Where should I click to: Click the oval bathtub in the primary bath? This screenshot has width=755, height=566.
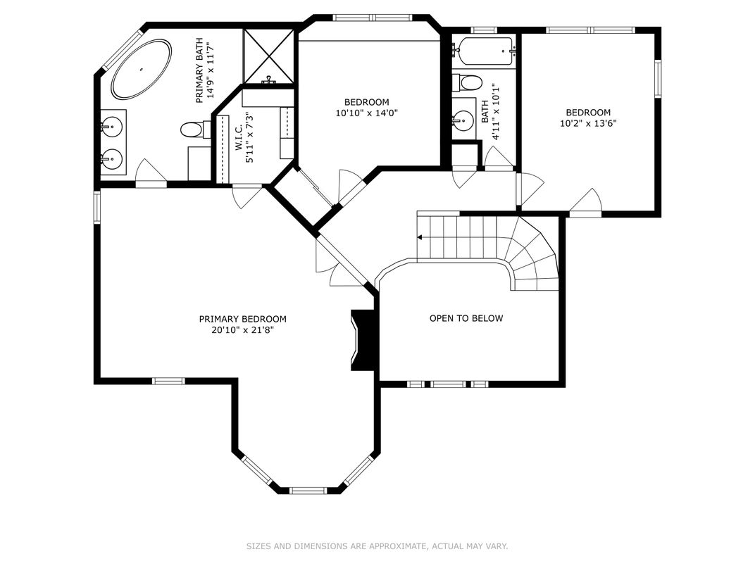(141, 69)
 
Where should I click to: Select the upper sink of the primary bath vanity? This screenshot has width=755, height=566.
(111, 127)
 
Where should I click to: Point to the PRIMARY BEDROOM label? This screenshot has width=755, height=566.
(242, 319)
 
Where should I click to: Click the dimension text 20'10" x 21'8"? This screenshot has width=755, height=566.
(242, 329)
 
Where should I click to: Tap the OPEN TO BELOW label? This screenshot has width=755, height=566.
(466, 318)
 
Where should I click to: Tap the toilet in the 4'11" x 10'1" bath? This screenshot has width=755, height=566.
(466, 83)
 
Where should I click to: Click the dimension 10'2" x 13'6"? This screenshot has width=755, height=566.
(588, 123)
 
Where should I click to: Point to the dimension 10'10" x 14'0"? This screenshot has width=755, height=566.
(366, 113)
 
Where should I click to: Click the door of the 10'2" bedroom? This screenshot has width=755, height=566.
(586, 203)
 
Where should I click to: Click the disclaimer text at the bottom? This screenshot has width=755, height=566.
(377, 546)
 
